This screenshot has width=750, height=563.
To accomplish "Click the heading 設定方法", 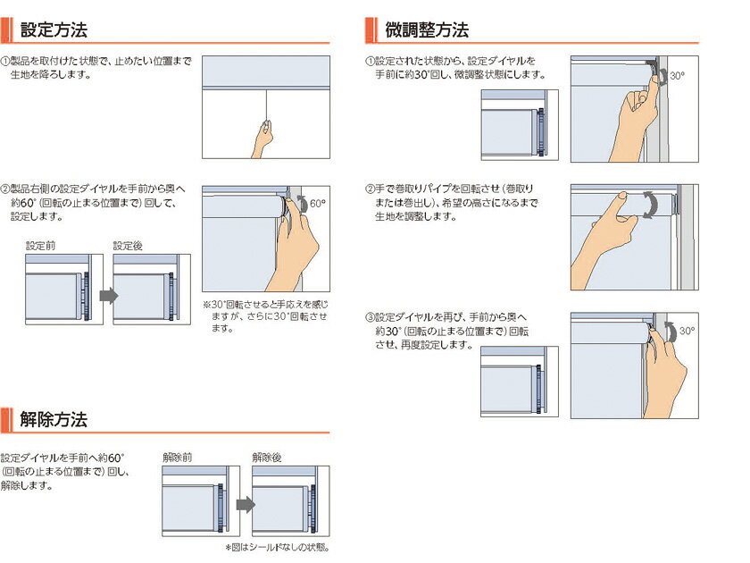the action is (x=54, y=29).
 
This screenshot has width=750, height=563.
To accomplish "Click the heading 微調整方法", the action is (x=427, y=29).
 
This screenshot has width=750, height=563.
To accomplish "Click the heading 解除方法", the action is (x=54, y=419).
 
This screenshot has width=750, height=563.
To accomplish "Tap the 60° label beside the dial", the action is (x=318, y=204).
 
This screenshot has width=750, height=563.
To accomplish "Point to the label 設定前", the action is (x=41, y=246).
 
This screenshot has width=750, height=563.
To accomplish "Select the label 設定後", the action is (x=128, y=246).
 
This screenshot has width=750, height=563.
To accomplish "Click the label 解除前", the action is (x=177, y=458).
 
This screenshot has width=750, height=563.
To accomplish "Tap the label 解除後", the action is (x=266, y=458).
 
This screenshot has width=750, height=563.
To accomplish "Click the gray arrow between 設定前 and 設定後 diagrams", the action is (x=109, y=296).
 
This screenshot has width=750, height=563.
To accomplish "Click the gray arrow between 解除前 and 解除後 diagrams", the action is (x=246, y=505).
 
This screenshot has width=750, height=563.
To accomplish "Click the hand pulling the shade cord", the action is (x=262, y=139).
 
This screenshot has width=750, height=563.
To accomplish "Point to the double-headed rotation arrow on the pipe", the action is (x=650, y=205).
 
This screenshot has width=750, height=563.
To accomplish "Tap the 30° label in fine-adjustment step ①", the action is (x=677, y=76).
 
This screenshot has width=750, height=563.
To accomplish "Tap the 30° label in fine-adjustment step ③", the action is (x=687, y=331).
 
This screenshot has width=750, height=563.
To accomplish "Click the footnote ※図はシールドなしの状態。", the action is (x=278, y=547).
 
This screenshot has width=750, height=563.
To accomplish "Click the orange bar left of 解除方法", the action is (x=6, y=419).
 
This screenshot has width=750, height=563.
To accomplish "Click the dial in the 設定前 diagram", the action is (x=86, y=296).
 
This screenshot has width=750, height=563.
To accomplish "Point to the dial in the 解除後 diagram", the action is (x=312, y=508).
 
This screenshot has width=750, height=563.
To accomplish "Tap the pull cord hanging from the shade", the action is (x=266, y=106).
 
